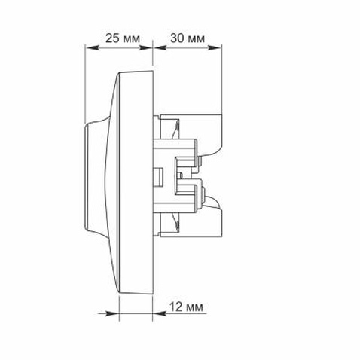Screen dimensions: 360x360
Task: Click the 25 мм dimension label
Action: click(x=123, y=38)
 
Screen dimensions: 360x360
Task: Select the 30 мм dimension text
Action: click(x=188, y=38)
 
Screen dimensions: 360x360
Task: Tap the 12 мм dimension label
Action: click(x=186, y=307)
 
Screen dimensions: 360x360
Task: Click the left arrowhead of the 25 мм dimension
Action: click(x=91, y=47)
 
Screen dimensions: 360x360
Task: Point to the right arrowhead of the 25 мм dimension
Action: click(x=146, y=47)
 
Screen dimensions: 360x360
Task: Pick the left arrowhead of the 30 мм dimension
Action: click(x=159, y=47)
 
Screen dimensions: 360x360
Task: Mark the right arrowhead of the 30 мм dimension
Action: click(x=215, y=47)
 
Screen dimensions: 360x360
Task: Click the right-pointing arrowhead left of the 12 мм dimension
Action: click(x=112, y=313)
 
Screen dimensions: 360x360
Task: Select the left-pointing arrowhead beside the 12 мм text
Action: click(x=159, y=313)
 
